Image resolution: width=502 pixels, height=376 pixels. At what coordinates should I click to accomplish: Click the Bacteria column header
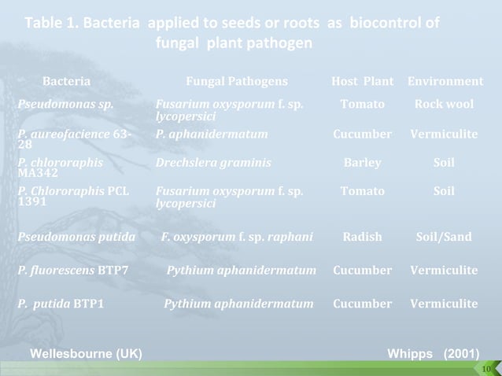pos(66,82)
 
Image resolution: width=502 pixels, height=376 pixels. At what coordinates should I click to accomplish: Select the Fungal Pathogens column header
pos(236,82)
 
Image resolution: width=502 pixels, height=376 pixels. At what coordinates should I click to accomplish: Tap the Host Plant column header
pos(363,82)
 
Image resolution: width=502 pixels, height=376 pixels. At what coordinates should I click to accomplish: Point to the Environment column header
pos(445,82)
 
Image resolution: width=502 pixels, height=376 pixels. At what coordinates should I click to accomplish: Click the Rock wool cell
pos(445,104)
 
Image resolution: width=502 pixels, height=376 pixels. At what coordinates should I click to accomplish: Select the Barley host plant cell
pos(363,164)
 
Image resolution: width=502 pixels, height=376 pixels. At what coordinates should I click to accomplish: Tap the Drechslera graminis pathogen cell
pos(213,164)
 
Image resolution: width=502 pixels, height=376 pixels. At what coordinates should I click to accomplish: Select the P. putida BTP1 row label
pos(61,304)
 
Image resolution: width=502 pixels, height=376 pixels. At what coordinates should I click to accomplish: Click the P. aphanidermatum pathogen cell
pos(212,134)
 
